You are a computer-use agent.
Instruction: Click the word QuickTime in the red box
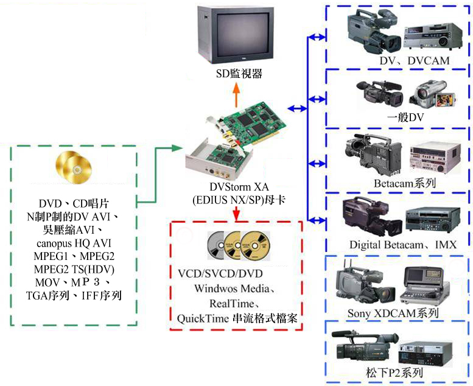click(200, 317)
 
